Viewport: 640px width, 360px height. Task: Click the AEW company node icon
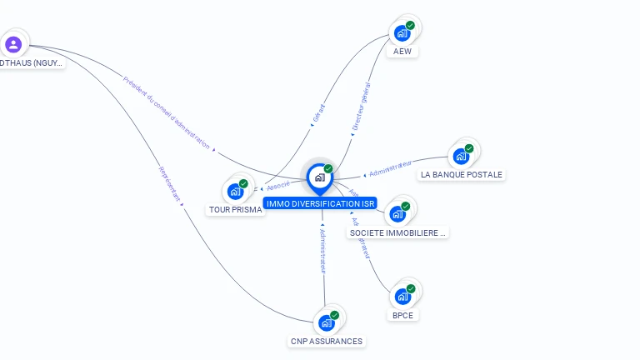(402, 33)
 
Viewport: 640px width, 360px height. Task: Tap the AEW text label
(402, 52)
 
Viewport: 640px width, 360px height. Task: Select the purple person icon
(13, 44)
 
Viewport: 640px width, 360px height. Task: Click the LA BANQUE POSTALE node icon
(461, 156)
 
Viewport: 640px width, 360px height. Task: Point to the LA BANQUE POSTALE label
(462, 175)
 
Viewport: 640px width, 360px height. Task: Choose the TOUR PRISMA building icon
(236, 191)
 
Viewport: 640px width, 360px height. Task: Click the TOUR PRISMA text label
(236, 210)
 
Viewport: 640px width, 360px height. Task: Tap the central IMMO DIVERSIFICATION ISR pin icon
(320, 177)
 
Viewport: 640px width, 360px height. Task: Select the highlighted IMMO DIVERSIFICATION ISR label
(321, 203)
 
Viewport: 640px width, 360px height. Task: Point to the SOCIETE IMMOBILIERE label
(398, 233)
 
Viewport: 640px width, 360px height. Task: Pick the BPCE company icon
(403, 297)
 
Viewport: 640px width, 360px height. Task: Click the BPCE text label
(403, 316)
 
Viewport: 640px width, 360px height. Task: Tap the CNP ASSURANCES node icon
(327, 322)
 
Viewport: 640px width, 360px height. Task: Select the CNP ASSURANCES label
(327, 342)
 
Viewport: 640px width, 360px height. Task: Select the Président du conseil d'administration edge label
(166, 113)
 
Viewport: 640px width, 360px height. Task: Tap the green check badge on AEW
(410, 26)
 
